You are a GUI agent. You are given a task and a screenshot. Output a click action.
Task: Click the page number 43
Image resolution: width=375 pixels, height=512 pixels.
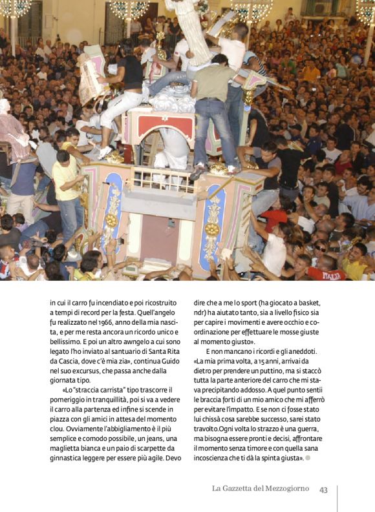click(323, 489)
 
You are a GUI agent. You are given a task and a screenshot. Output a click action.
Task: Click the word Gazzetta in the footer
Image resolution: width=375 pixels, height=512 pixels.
click(242, 489)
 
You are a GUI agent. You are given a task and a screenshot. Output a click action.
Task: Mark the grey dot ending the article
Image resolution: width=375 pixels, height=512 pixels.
click(308, 458)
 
